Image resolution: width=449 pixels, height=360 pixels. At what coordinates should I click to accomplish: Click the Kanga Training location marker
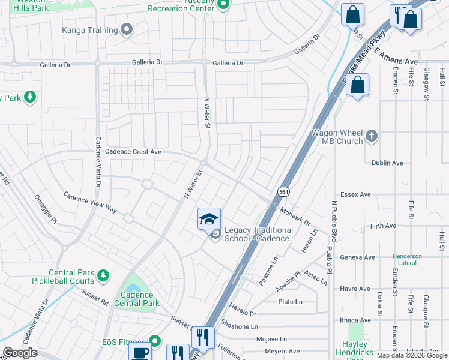point(126,29)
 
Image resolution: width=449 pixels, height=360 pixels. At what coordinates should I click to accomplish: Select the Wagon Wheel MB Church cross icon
point(372,136)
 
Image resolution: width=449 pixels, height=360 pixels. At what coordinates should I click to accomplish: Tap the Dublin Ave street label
point(387,163)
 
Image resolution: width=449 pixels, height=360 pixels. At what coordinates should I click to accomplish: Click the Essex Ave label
point(356,194)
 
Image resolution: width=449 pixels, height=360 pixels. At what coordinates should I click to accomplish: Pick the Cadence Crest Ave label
point(133,152)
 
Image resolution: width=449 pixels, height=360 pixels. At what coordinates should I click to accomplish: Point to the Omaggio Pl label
point(46,211)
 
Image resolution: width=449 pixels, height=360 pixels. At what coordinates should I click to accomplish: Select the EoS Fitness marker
point(155,341)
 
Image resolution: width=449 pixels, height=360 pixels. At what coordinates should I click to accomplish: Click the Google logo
point(20,352)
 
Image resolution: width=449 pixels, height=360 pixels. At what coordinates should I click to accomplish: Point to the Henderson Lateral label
point(408,259)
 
